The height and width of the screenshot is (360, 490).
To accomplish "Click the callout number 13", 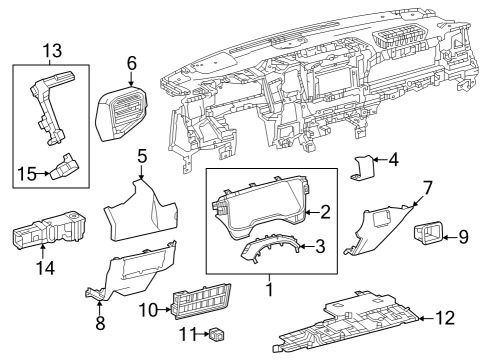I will click(50, 49).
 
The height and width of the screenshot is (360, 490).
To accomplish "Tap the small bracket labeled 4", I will click(366, 168).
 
